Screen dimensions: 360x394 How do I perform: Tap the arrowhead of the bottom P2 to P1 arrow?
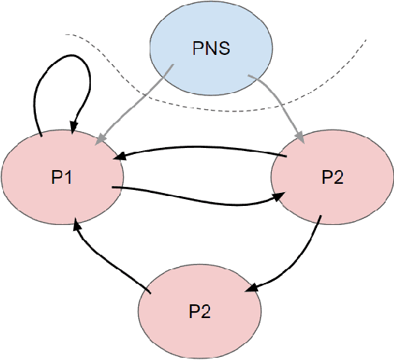pos(76,222)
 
